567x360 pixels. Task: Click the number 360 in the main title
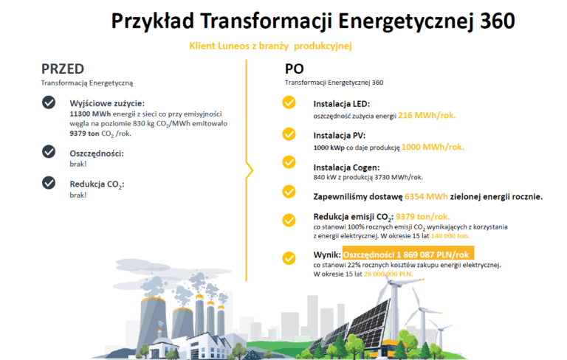click(x=497, y=21)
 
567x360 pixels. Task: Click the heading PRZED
click(x=63, y=69)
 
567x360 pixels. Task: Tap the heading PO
click(x=295, y=69)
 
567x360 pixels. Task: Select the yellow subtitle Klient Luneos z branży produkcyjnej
click(x=270, y=46)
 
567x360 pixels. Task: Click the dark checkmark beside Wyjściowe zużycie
click(x=49, y=103)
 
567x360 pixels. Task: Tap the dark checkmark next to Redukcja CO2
click(x=49, y=182)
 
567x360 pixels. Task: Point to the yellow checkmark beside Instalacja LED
click(x=289, y=103)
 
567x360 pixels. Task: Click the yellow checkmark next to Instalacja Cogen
click(x=289, y=162)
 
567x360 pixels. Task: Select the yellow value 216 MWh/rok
click(x=427, y=116)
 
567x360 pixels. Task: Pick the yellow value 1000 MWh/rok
click(x=433, y=147)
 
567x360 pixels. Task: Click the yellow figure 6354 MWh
click(x=426, y=197)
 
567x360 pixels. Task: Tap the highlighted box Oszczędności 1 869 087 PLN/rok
click(x=408, y=254)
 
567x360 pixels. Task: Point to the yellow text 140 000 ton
click(x=450, y=236)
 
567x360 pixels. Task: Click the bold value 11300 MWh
click(x=90, y=114)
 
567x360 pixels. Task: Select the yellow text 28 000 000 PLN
click(x=388, y=274)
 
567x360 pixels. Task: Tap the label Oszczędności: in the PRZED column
click(x=97, y=153)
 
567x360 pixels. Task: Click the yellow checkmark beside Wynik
click(x=289, y=258)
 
